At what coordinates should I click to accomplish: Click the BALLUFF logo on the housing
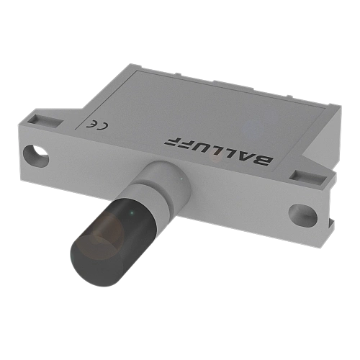point(219,151)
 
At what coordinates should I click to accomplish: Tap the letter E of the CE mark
point(91,125)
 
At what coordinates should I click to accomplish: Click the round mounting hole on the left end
point(36,156)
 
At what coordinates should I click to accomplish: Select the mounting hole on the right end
point(303,215)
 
